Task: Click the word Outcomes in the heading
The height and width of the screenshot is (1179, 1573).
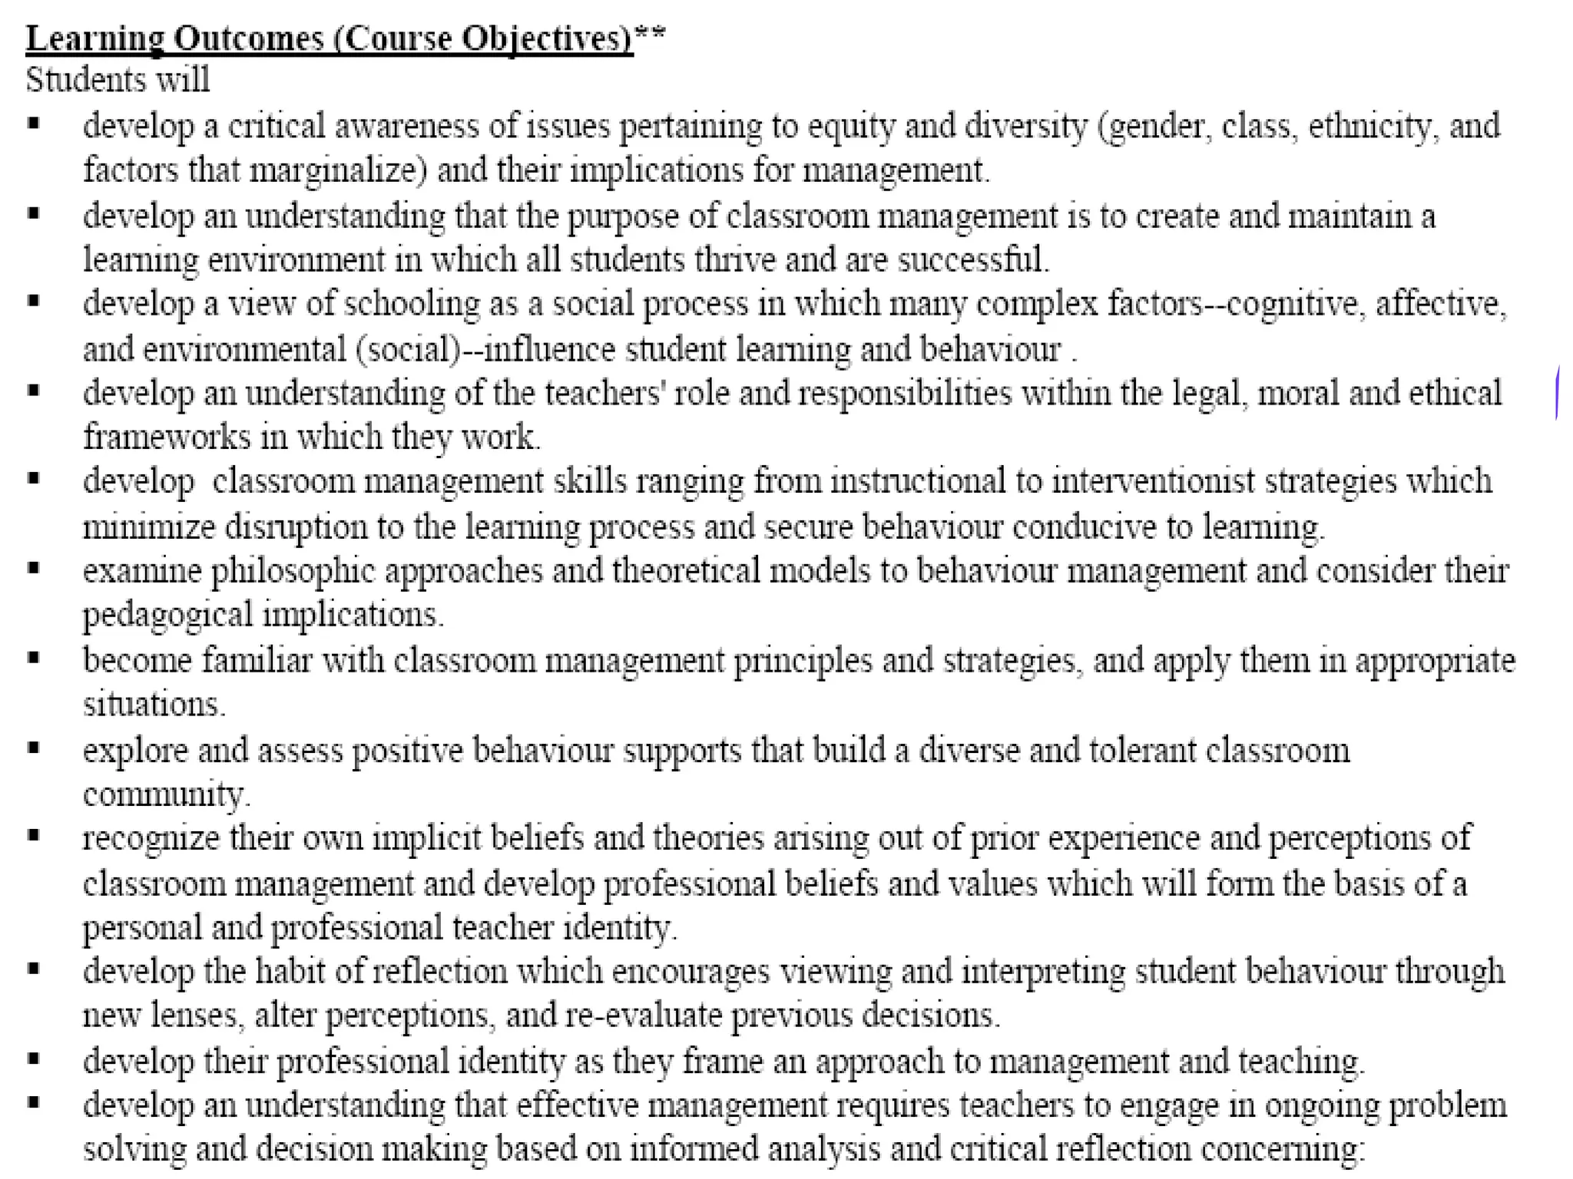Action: [248, 38]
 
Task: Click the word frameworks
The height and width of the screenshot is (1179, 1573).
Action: [167, 437]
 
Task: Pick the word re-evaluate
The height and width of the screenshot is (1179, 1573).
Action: [643, 1016]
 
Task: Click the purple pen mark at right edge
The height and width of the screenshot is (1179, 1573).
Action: [1557, 393]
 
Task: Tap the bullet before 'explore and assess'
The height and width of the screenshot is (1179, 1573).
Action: [34, 747]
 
